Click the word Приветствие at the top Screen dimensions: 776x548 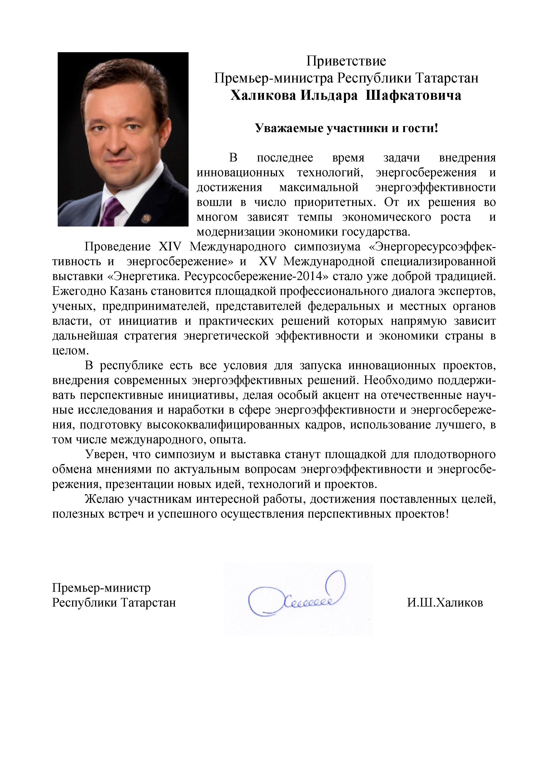tap(346, 61)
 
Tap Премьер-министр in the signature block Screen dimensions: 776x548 tap(101, 588)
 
